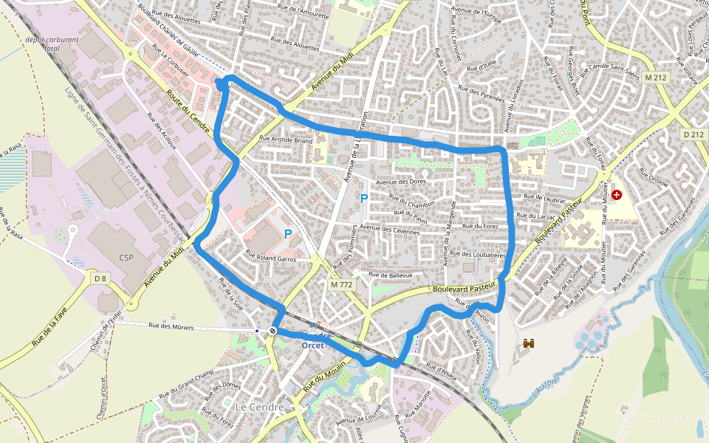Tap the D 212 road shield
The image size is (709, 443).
693,134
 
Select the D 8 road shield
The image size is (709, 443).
101,278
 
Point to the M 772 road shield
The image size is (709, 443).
340,284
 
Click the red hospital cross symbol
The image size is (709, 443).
616,195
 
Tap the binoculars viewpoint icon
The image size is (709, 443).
530,343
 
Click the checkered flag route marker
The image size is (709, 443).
273,331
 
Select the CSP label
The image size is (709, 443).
126,258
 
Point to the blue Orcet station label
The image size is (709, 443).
313,346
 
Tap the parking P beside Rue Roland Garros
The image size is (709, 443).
288,234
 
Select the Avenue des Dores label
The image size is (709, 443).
402,182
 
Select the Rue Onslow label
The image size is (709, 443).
654,178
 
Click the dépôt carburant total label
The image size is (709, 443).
42,44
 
